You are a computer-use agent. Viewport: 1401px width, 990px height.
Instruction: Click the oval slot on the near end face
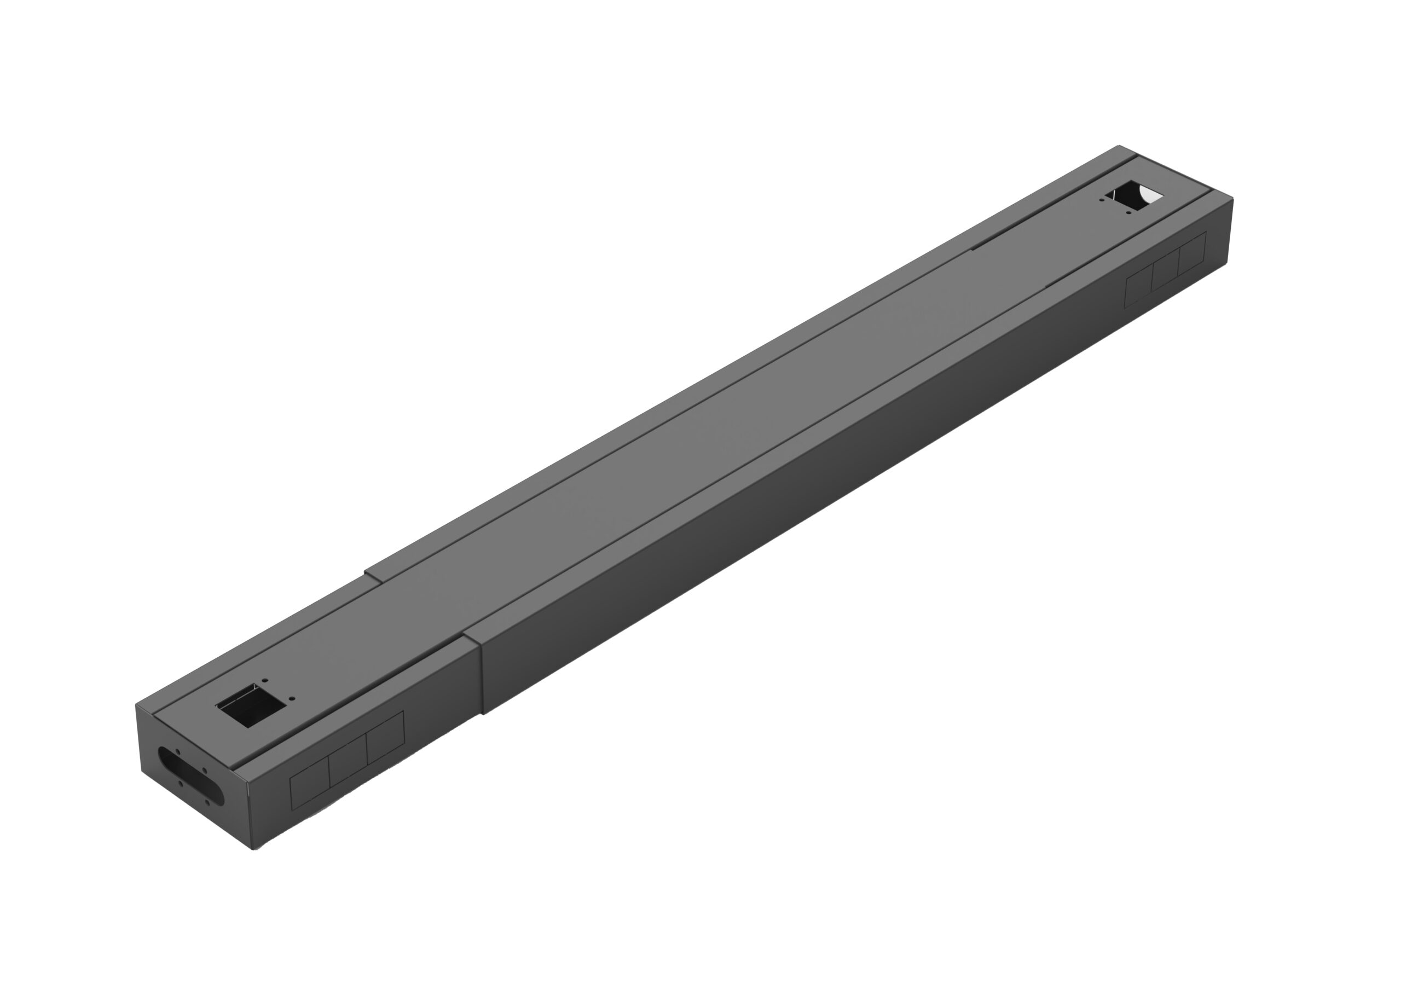tap(191, 777)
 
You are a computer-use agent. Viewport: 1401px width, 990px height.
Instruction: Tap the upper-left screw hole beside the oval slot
tap(177, 751)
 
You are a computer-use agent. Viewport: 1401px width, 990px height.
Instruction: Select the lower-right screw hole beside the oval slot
tap(207, 802)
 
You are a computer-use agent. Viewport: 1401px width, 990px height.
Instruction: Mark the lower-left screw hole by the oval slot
tap(181, 784)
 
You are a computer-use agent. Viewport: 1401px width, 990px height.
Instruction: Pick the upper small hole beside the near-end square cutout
tap(264, 679)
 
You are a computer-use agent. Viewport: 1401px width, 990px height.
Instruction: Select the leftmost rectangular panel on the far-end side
tap(1139, 287)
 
